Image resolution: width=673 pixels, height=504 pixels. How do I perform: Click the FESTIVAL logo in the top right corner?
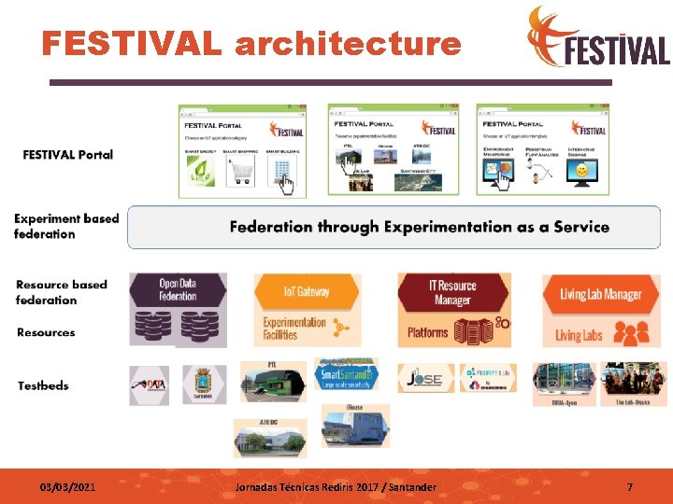click(598, 37)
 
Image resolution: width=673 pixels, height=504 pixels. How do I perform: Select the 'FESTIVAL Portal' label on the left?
click(67, 154)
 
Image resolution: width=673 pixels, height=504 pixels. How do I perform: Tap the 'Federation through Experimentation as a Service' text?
click(419, 227)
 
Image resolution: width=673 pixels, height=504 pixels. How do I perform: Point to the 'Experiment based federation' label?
click(65, 227)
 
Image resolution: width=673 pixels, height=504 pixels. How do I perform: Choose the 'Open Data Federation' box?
click(178, 290)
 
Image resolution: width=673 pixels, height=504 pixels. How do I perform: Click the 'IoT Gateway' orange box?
click(307, 292)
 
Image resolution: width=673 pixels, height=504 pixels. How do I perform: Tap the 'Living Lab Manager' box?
click(601, 295)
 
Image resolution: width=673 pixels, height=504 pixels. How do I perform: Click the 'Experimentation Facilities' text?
click(294, 329)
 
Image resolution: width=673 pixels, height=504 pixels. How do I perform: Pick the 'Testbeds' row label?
click(43, 385)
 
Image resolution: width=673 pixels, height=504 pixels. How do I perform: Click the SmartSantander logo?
click(346, 373)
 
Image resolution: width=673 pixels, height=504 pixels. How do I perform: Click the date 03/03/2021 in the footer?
click(66, 487)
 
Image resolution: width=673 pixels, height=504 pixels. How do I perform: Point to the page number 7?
click(629, 487)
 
